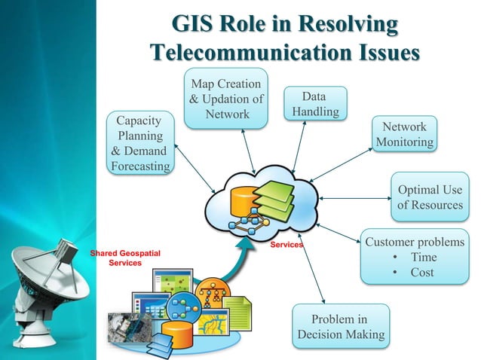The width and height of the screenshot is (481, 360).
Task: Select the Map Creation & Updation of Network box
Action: [x=226, y=99]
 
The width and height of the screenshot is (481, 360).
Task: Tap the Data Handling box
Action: [x=314, y=105]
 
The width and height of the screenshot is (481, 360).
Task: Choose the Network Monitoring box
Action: [x=404, y=134]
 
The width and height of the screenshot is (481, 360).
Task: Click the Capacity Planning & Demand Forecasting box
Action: [x=139, y=143]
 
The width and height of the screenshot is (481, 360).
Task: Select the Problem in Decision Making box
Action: [x=341, y=326]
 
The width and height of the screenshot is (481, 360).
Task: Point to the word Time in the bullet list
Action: [x=423, y=258]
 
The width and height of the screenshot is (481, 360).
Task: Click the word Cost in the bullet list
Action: [x=421, y=273]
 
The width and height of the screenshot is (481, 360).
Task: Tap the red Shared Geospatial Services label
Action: [x=125, y=258]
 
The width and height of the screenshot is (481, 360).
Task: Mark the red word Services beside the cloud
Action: [x=286, y=246]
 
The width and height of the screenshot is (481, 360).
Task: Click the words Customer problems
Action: [x=414, y=243]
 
